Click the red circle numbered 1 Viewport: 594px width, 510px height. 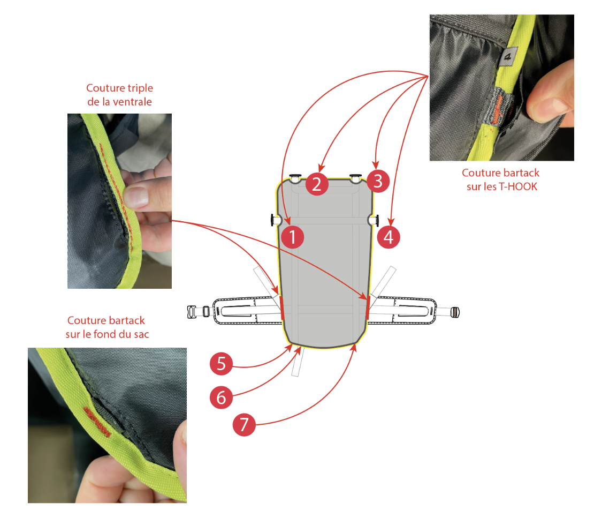pos(293,237)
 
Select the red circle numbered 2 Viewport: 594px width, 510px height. pos(317,184)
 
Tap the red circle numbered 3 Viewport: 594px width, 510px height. pos(378,181)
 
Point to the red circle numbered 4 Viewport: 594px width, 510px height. pos(389,237)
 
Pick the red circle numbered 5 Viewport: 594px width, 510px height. pos(221,364)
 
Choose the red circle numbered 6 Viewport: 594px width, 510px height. pos(221,397)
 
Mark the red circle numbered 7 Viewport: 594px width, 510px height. pos(244,425)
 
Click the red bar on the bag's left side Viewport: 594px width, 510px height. pos(282,308)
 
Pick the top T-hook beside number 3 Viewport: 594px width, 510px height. pos(356,177)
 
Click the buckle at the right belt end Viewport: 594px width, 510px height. pos(454,312)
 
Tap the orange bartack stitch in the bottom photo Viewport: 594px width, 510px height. pos(97,422)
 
